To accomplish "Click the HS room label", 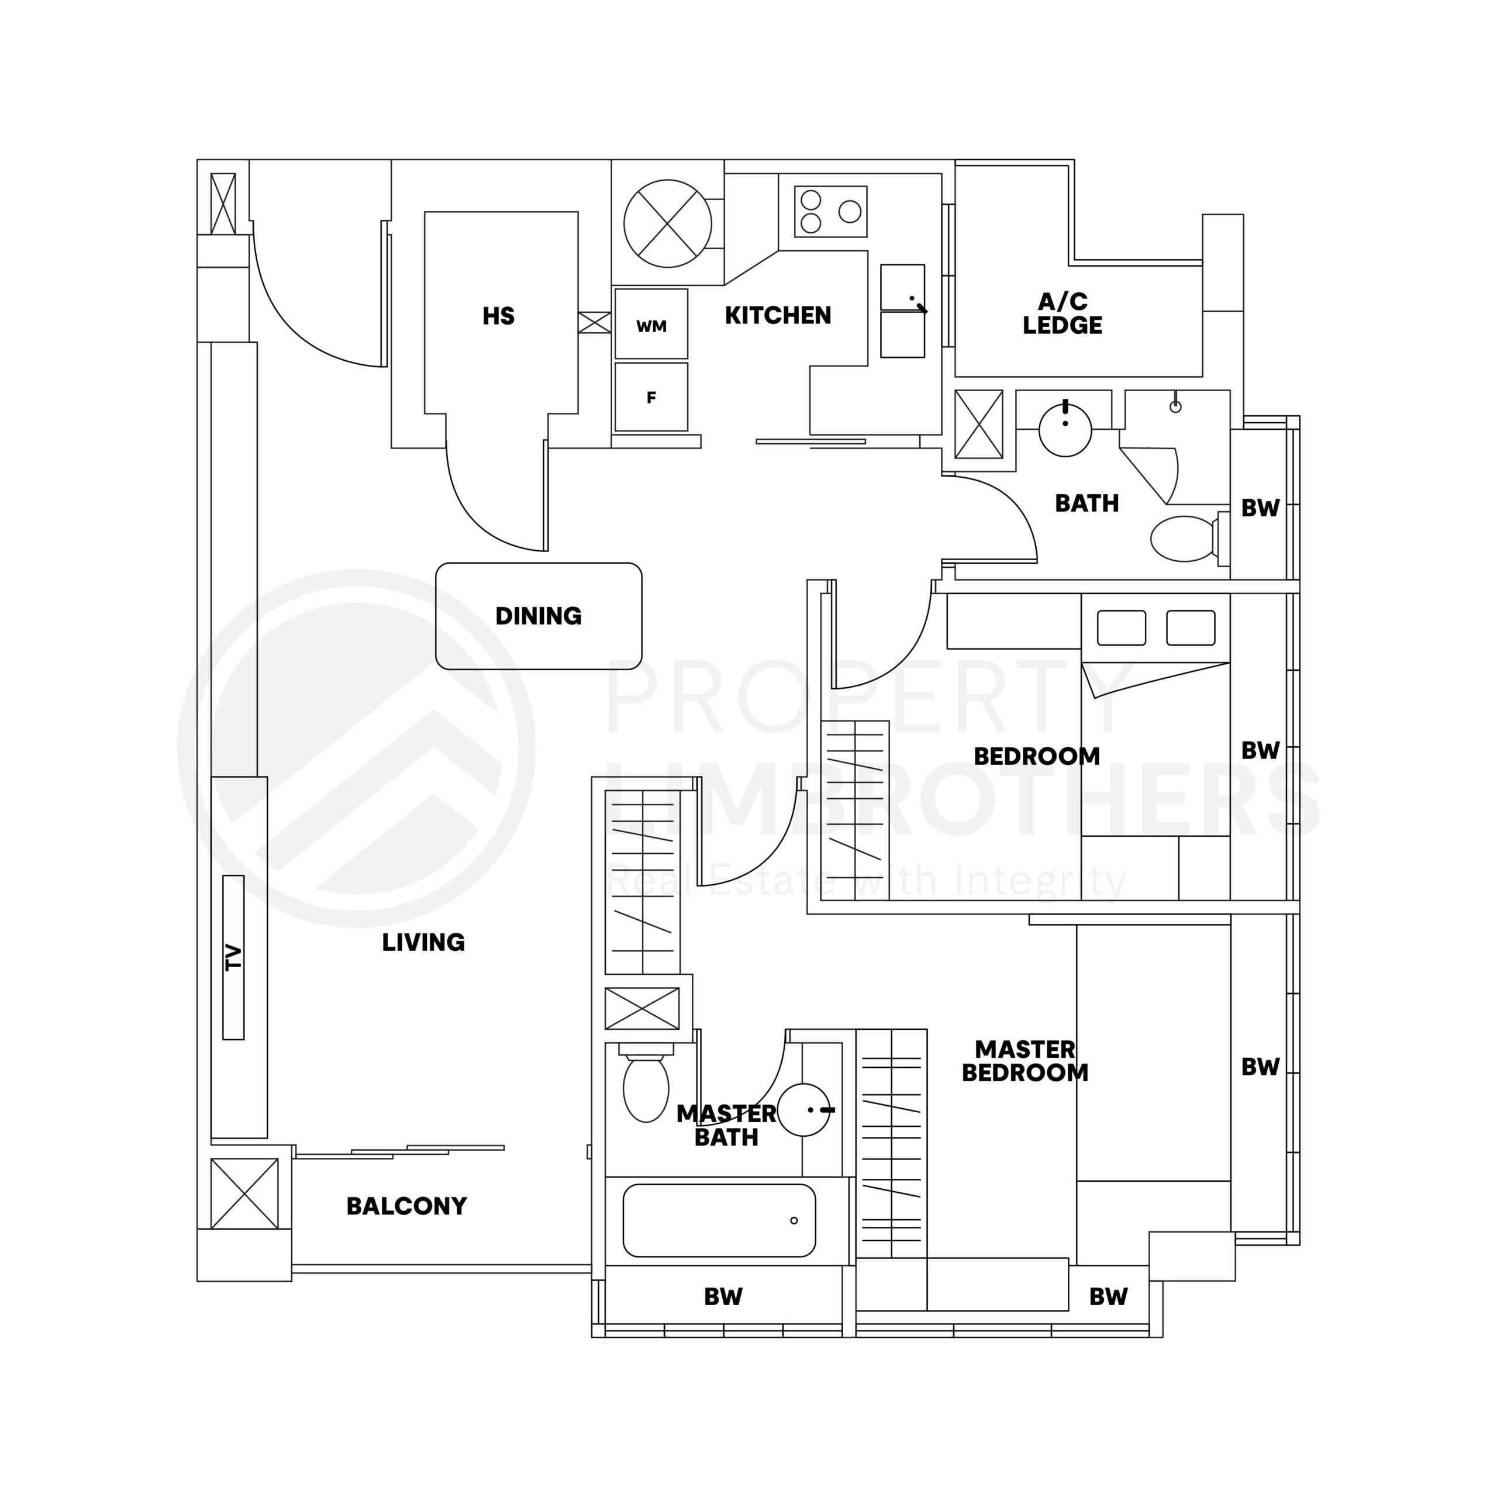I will (498, 316).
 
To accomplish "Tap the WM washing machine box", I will (651, 325).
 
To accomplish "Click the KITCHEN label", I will (778, 315).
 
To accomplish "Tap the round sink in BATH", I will (1065, 430).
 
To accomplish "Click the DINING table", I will (539, 616).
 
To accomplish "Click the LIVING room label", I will (423, 942).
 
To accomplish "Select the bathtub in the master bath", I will (719, 1220).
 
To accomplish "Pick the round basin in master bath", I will (803, 1109).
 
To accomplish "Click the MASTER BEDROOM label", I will (1025, 1061).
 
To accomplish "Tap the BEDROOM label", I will (1036, 756).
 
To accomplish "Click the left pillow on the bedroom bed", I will (1121, 627).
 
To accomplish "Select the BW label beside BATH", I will (1260, 508).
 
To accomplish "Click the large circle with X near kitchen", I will (667, 224).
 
